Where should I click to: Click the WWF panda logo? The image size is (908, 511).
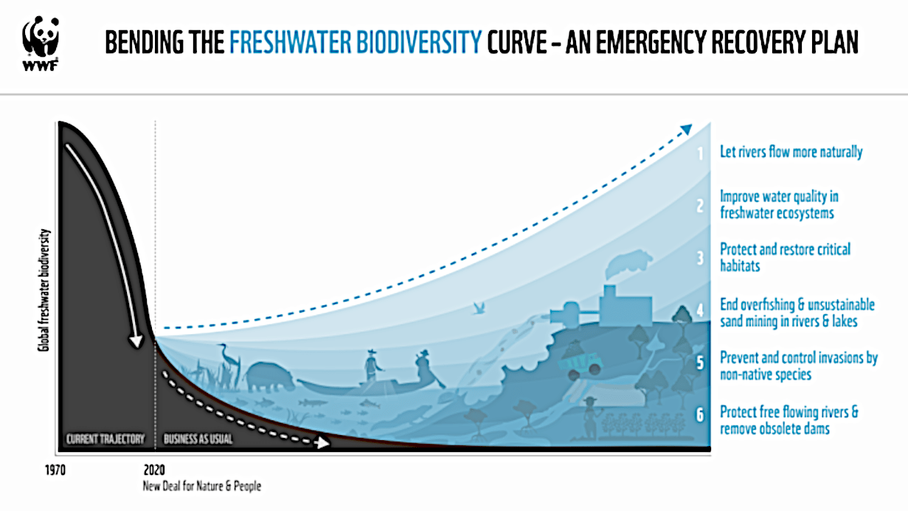(41, 43)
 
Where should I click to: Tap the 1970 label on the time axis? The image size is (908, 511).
(55, 470)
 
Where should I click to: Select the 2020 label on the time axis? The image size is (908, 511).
(154, 470)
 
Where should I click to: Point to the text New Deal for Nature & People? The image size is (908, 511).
(202, 486)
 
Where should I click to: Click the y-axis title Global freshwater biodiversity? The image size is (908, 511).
(44, 290)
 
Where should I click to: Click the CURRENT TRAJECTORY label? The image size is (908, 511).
(105, 439)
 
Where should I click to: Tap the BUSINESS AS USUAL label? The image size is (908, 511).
(198, 439)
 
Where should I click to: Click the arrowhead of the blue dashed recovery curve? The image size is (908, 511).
(686, 130)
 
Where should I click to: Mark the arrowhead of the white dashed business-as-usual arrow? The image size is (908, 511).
(322, 442)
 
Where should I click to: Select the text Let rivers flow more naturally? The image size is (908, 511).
(791, 152)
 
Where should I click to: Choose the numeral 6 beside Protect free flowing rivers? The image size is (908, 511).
(700, 414)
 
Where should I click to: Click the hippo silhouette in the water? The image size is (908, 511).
(269, 377)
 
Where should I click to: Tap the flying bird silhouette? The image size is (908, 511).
(479, 308)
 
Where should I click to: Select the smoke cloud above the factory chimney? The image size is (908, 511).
(629, 263)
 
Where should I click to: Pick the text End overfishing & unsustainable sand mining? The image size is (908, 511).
(797, 313)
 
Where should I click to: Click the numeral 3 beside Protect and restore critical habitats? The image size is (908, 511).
(700, 258)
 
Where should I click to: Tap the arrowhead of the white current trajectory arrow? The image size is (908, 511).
(136, 341)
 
